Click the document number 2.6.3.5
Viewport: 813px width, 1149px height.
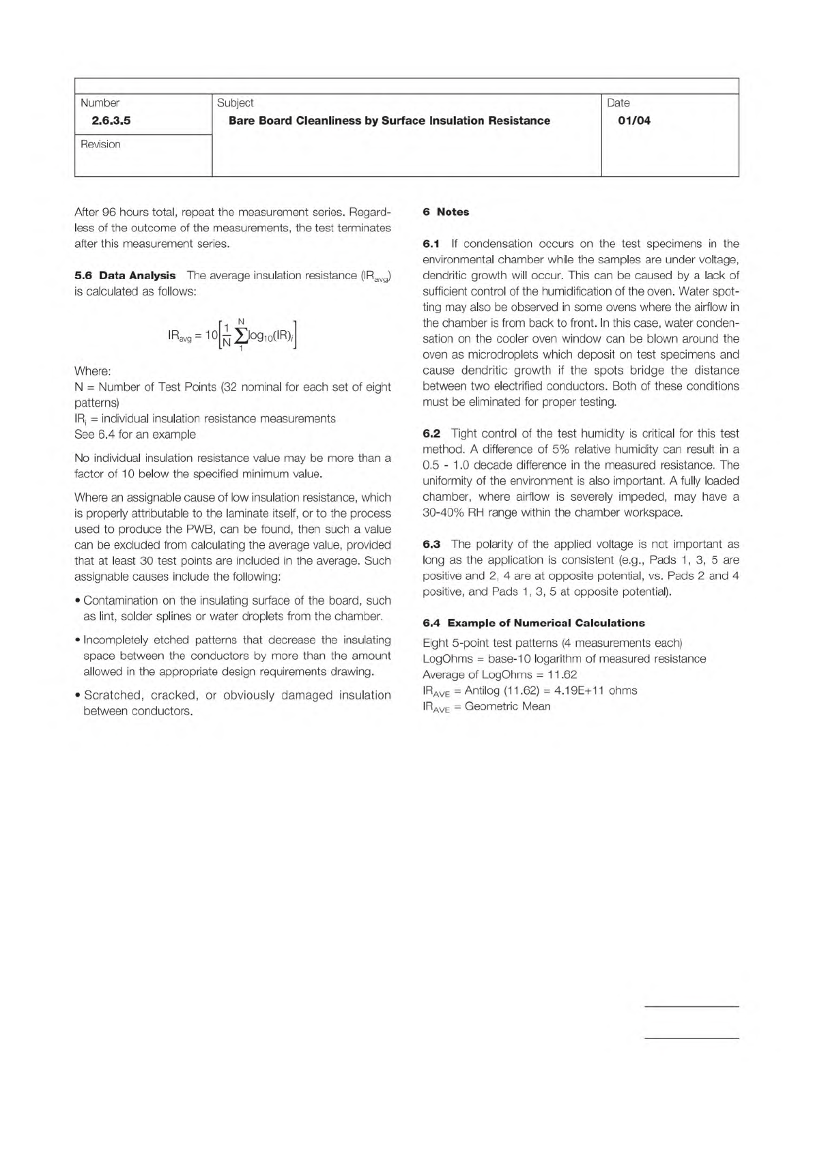(x=111, y=121)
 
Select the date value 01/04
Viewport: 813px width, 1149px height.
(x=633, y=121)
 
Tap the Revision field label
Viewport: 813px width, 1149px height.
(x=100, y=144)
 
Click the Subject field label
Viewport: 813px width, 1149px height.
(x=235, y=103)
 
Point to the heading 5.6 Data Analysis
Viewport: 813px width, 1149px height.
(x=125, y=276)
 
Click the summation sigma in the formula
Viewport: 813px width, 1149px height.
(x=241, y=335)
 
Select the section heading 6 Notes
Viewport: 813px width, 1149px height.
(x=446, y=212)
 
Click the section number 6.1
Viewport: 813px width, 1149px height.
(x=431, y=244)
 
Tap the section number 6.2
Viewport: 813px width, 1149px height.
(x=431, y=433)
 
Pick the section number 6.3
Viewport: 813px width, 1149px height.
(x=431, y=544)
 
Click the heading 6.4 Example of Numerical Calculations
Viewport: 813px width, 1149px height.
(x=533, y=623)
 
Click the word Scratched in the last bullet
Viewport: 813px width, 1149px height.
(x=113, y=695)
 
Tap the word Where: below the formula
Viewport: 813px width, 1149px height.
(x=92, y=371)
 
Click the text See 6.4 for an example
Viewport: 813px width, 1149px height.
(x=134, y=435)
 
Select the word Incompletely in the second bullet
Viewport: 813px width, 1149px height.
(x=116, y=640)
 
